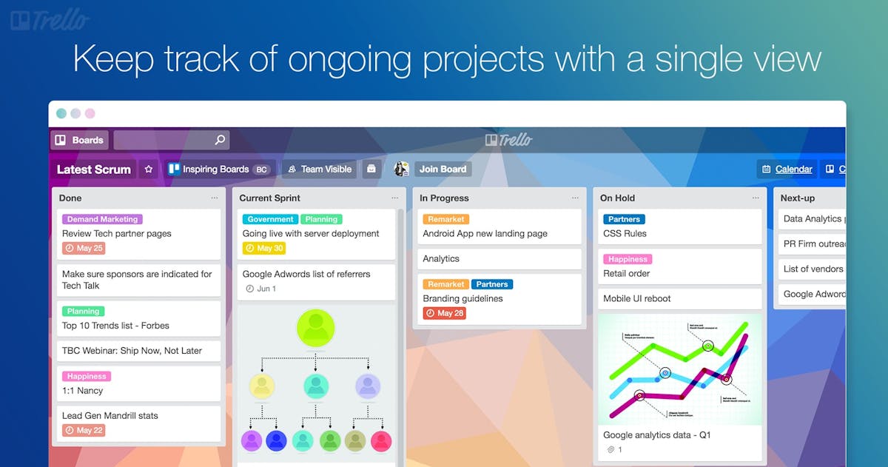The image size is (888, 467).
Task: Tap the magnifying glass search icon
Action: (220, 140)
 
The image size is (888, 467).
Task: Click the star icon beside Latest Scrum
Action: (149, 169)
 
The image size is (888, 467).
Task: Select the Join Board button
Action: (443, 169)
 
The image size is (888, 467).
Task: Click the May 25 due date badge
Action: (84, 249)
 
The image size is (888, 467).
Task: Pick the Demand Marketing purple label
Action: (102, 219)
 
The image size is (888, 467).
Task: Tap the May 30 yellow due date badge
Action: (264, 249)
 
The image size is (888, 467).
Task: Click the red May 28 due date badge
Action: (444, 314)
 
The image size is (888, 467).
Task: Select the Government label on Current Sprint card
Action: (270, 219)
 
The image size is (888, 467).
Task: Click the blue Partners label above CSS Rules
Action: (624, 219)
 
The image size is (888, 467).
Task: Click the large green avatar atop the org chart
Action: (315, 328)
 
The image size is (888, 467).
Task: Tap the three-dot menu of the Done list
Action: (215, 198)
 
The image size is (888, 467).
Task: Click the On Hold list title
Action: (617, 198)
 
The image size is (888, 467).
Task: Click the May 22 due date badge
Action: (84, 431)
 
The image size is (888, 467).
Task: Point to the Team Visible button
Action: (319, 169)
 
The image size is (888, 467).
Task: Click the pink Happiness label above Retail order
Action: (628, 259)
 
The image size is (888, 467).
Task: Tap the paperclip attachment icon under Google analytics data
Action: (610, 450)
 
